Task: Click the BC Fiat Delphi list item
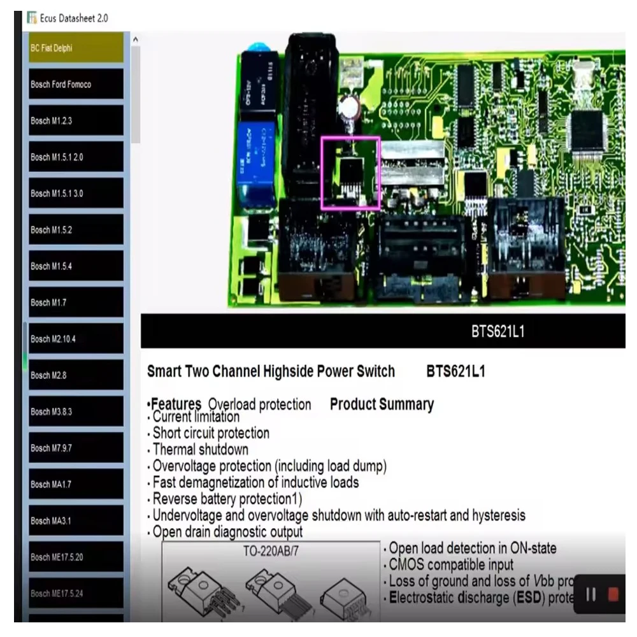point(76,48)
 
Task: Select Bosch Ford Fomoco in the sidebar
point(76,84)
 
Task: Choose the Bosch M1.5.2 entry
point(76,229)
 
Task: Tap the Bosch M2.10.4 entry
point(76,339)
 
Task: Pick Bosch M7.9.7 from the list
point(76,448)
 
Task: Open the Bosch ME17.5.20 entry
point(76,557)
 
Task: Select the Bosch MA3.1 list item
point(76,520)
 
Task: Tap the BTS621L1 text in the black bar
point(497,331)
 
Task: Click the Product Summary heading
point(382,404)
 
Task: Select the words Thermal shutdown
point(200,450)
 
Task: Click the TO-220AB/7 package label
point(270,552)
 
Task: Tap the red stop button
point(613,594)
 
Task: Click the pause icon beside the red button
point(591,594)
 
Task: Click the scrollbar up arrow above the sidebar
point(135,40)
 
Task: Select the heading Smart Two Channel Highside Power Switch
point(271,372)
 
